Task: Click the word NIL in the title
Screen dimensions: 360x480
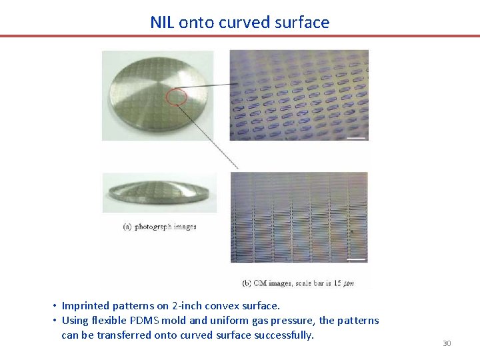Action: [x=162, y=22]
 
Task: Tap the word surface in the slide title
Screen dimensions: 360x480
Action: [x=303, y=22]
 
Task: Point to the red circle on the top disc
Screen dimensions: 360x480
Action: [x=175, y=97]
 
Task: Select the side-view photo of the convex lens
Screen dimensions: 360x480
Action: [x=159, y=193]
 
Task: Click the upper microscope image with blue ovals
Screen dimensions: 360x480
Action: [x=299, y=95]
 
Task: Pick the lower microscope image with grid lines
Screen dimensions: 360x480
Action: [x=299, y=217]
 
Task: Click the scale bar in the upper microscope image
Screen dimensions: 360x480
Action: [x=357, y=138]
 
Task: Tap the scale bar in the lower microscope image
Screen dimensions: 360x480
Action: [x=357, y=259]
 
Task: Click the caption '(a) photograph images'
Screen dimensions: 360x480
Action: [x=160, y=227]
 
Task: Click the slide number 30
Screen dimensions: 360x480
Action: [x=447, y=343]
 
